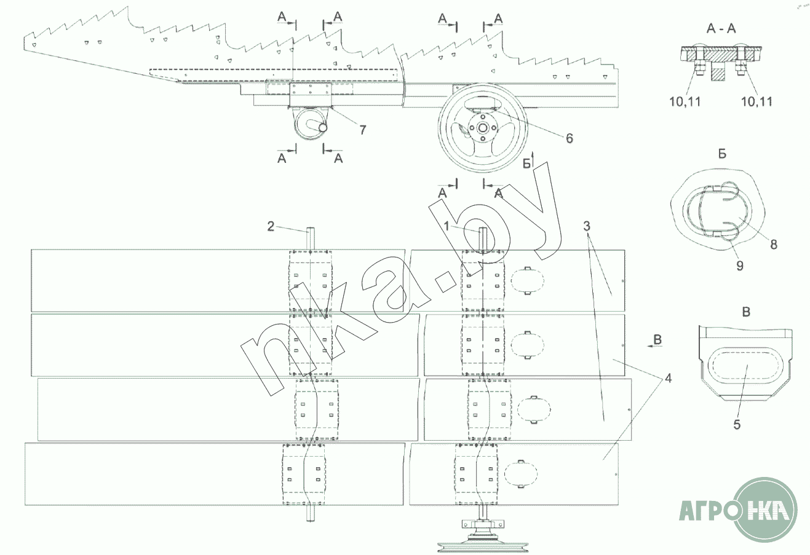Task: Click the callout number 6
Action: (x=569, y=138)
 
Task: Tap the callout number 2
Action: (x=271, y=226)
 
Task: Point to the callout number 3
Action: (x=588, y=226)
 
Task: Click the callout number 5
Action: (x=737, y=424)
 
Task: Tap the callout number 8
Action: (x=773, y=244)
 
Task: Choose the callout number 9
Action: (x=739, y=265)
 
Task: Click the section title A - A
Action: (x=722, y=28)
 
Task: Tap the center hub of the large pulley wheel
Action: (x=483, y=129)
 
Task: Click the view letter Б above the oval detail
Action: (x=722, y=154)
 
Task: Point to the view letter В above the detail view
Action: (x=746, y=312)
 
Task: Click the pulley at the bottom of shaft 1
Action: (x=481, y=540)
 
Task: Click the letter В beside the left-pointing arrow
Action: (x=658, y=340)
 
